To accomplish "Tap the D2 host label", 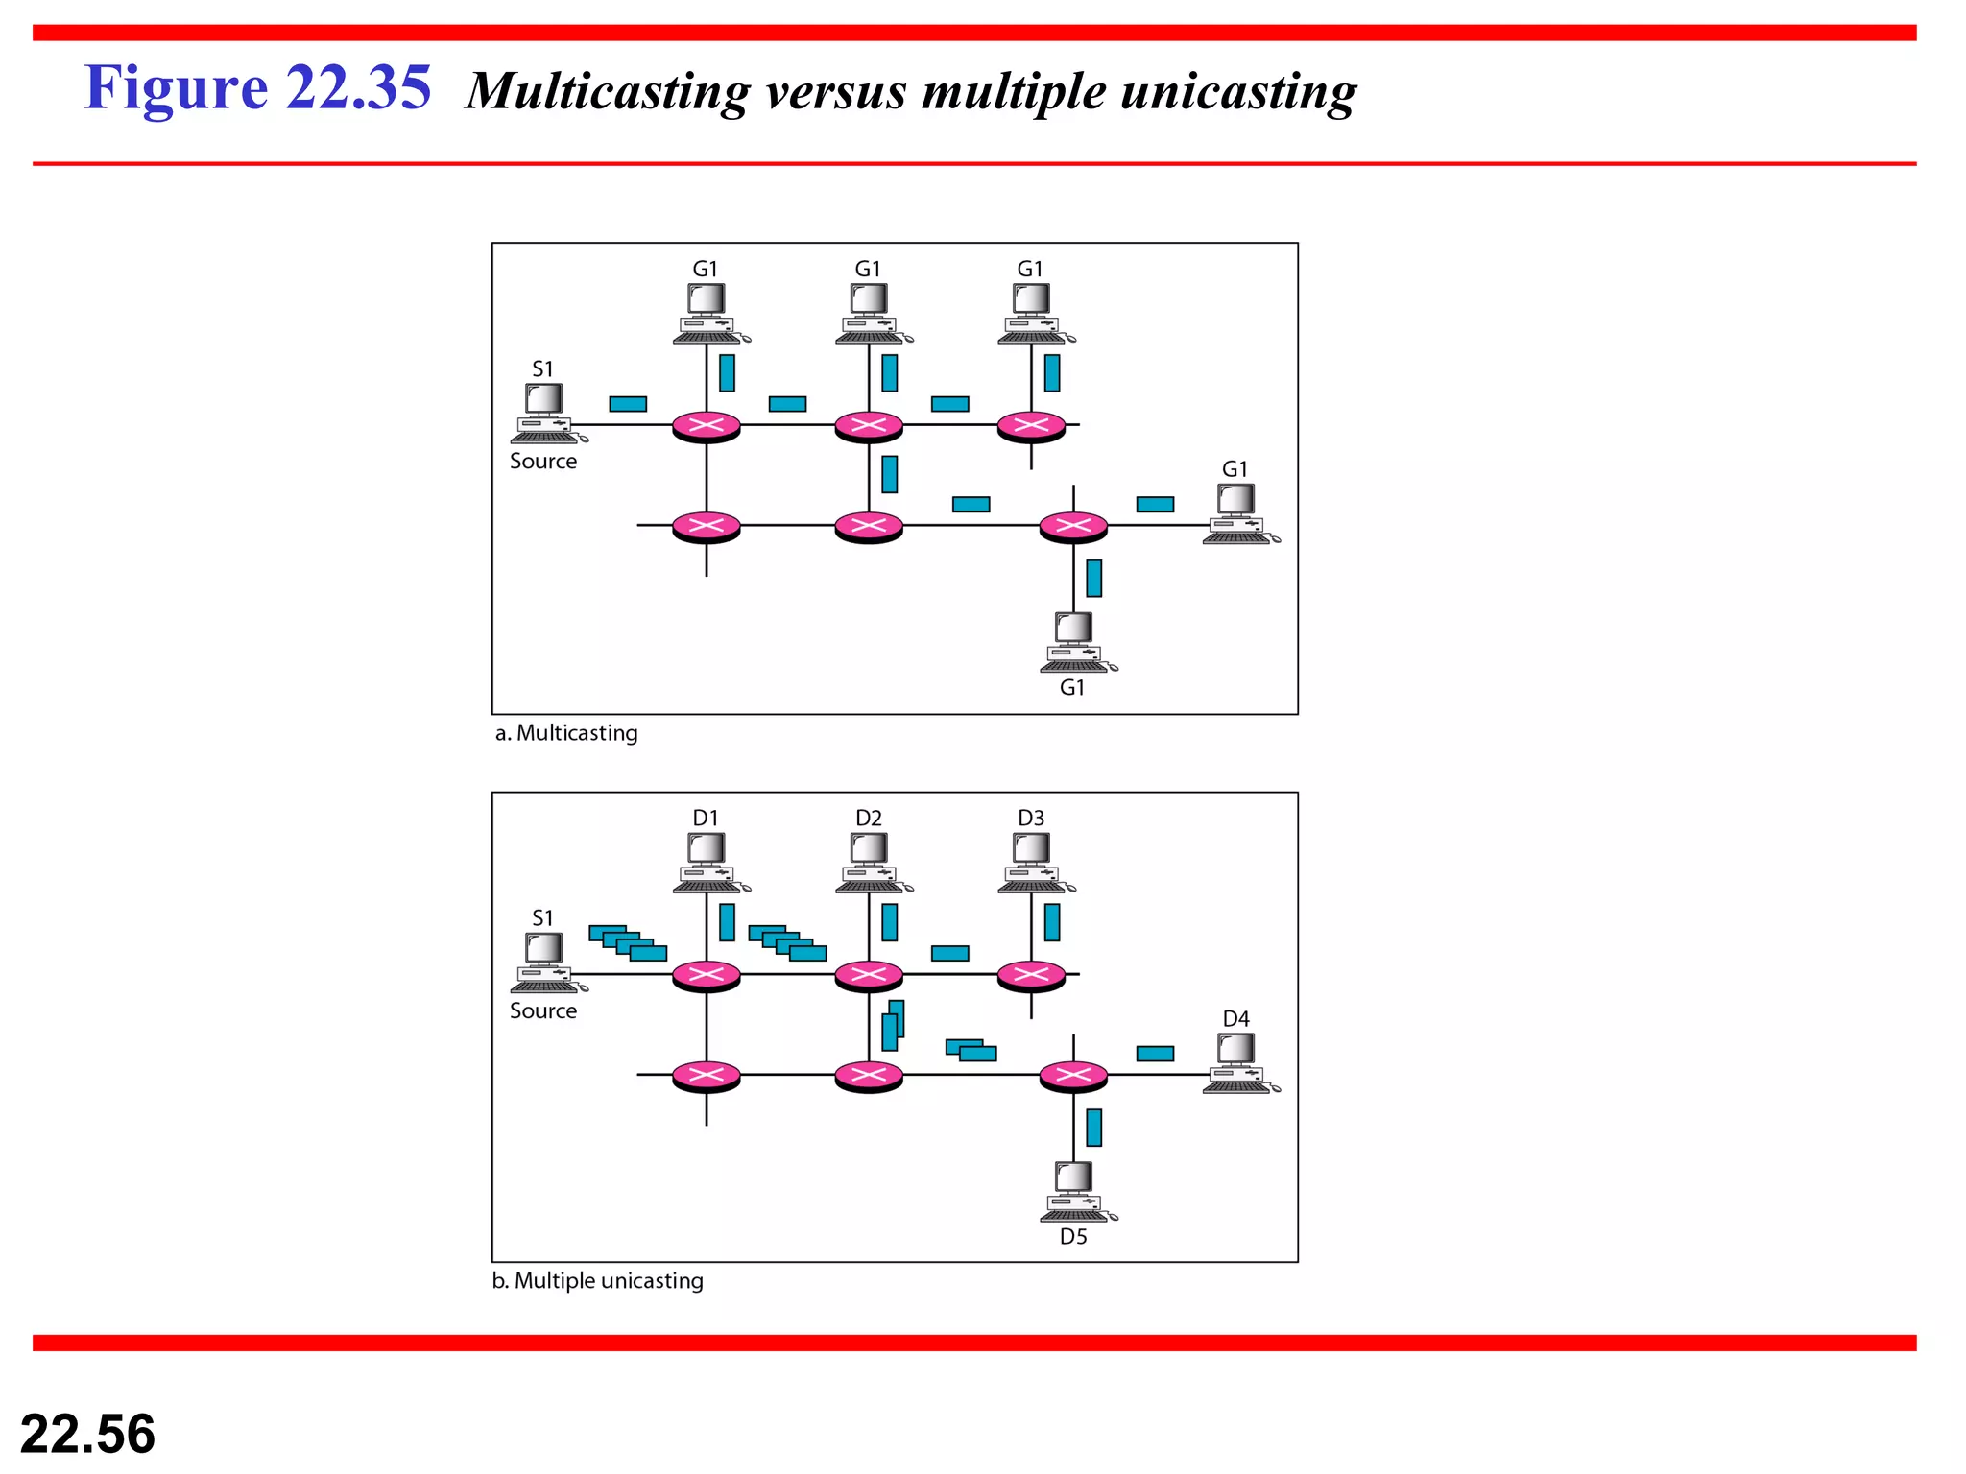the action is click(x=869, y=819).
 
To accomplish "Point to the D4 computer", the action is click(x=1238, y=1063).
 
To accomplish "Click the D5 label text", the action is click(x=1073, y=1237).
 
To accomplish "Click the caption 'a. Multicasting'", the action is click(x=566, y=733).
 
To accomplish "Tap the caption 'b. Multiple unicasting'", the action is click(x=598, y=1281).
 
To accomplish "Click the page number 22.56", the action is click(x=87, y=1434).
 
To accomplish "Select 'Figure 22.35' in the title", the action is click(x=257, y=88).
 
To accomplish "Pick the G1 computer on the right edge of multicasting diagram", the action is click(x=1238, y=514).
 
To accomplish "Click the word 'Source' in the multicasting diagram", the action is click(x=543, y=462).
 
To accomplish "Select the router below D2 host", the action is click(x=869, y=976).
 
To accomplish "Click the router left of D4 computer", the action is click(x=1073, y=1076).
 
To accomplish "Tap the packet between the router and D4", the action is click(x=1155, y=1054).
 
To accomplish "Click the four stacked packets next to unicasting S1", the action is click(x=628, y=943).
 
